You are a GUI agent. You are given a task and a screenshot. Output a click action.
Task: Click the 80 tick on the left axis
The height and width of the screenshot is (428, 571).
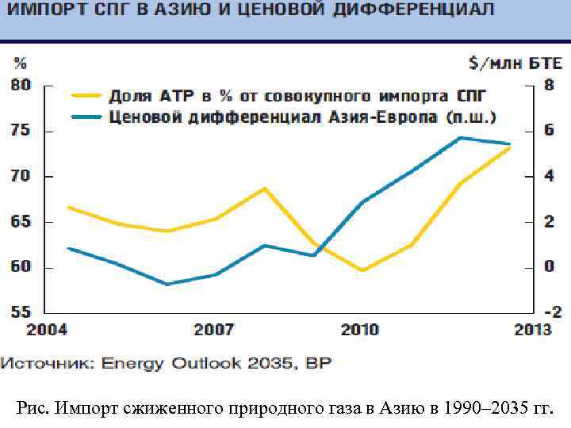[x=21, y=85]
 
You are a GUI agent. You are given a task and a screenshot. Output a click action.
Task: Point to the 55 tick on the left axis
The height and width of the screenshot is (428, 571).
[x=21, y=312]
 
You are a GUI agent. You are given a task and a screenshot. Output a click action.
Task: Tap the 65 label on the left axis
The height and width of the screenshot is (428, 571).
[x=21, y=222]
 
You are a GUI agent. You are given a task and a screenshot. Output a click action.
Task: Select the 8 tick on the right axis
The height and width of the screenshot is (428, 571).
[x=548, y=85]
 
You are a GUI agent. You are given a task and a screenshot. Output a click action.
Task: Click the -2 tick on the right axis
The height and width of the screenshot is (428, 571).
[x=545, y=312]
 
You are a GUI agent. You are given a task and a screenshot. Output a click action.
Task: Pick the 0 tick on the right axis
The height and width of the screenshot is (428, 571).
[x=548, y=267]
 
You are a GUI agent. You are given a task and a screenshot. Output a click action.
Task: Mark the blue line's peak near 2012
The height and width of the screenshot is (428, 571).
[x=460, y=138]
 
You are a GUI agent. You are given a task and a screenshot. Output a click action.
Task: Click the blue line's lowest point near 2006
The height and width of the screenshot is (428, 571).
[x=167, y=284]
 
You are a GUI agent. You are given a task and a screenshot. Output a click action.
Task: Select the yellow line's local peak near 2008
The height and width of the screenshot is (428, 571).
[x=264, y=189]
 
